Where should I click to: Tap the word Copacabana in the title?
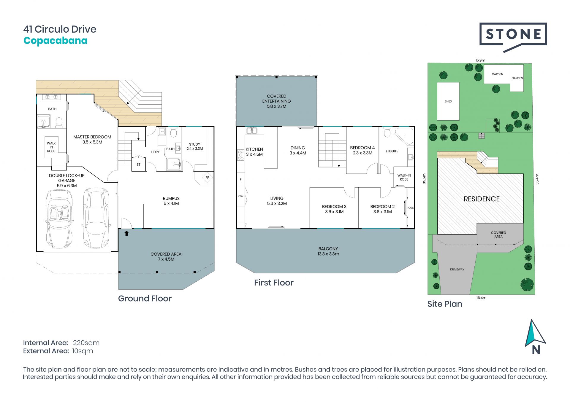click(56, 41)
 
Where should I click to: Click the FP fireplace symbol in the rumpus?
click(207, 178)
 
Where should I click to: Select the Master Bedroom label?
click(92, 137)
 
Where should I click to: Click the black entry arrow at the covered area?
click(126, 233)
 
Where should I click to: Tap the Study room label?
click(195, 144)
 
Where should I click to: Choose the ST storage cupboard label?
click(138, 165)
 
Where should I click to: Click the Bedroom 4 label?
click(362, 148)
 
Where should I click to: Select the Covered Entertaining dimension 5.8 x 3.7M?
click(277, 106)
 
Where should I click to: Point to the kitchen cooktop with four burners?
click(241, 155)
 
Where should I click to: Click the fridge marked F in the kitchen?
click(240, 179)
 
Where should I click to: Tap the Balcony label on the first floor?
click(328, 249)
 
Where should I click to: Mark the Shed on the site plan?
click(448, 101)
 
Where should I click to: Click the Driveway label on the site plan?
click(457, 269)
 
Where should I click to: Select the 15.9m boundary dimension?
click(480, 60)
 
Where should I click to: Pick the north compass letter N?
click(536, 350)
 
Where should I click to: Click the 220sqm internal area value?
click(86, 343)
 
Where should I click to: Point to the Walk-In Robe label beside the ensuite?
click(404, 177)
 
